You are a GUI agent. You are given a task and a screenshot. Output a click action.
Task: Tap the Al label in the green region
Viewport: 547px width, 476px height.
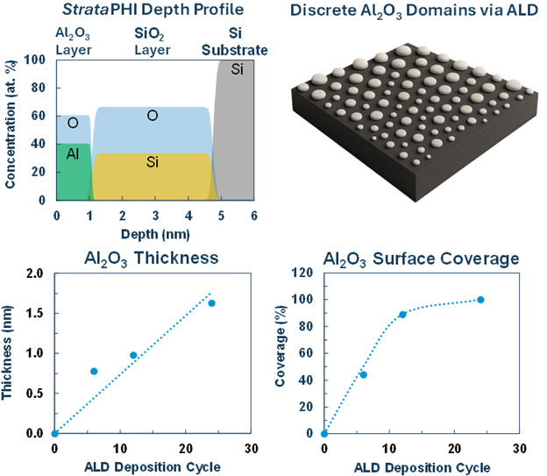click(x=73, y=153)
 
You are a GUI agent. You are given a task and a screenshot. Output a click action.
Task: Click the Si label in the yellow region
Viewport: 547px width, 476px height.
click(x=152, y=162)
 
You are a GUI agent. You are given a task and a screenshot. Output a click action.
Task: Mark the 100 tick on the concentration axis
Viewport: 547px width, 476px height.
click(x=37, y=60)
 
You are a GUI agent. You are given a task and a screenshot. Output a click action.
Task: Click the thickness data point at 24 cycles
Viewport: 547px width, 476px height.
click(x=211, y=303)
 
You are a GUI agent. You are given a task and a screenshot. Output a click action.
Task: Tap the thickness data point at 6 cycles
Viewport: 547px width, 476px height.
click(x=94, y=371)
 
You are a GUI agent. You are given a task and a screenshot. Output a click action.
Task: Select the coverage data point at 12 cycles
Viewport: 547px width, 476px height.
click(x=402, y=314)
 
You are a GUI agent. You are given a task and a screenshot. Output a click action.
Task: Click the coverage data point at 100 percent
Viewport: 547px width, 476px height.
click(x=480, y=300)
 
